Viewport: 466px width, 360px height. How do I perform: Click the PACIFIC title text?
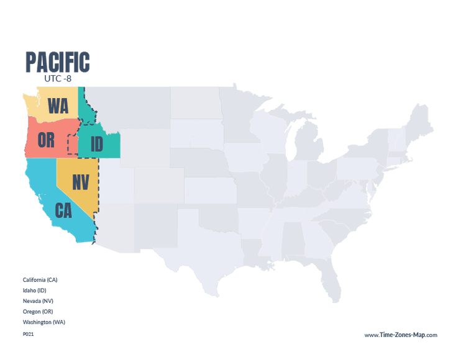point(57,62)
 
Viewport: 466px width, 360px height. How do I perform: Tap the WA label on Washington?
point(58,106)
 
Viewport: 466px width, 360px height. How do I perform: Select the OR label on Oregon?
point(45,140)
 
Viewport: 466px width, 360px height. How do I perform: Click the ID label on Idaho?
point(96,145)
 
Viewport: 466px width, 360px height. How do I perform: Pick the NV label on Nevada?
point(80,182)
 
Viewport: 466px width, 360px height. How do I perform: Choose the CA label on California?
point(63,210)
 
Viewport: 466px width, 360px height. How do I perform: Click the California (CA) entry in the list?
point(40,279)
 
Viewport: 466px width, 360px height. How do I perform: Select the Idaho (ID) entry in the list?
point(35,290)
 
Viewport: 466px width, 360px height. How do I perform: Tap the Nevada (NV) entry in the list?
point(37,300)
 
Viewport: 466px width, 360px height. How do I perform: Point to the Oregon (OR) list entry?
point(37,311)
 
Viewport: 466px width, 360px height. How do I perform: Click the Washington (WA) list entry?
point(43,322)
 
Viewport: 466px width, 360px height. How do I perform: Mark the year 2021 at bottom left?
point(28,334)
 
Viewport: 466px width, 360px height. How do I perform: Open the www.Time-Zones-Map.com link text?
point(401,335)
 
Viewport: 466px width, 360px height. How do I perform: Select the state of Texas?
point(205,254)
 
